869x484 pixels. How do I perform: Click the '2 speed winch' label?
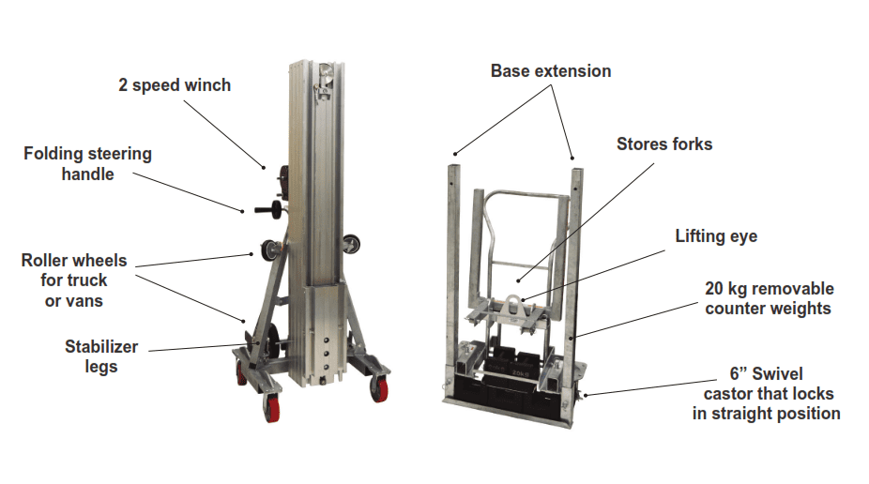pos(175,85)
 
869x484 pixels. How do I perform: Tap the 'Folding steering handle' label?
pos(87,163)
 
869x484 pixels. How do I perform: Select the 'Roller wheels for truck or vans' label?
pos(74,280)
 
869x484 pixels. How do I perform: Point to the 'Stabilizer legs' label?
pos(101,356)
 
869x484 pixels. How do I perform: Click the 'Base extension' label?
pos(550,71)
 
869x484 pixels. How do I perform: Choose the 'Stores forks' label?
pos(664,144)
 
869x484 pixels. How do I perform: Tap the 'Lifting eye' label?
pos(716,236)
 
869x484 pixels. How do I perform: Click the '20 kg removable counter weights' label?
pos(770,297)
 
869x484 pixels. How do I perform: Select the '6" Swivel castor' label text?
pos(767,393)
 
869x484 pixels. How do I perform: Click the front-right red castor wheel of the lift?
pos(380,386)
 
